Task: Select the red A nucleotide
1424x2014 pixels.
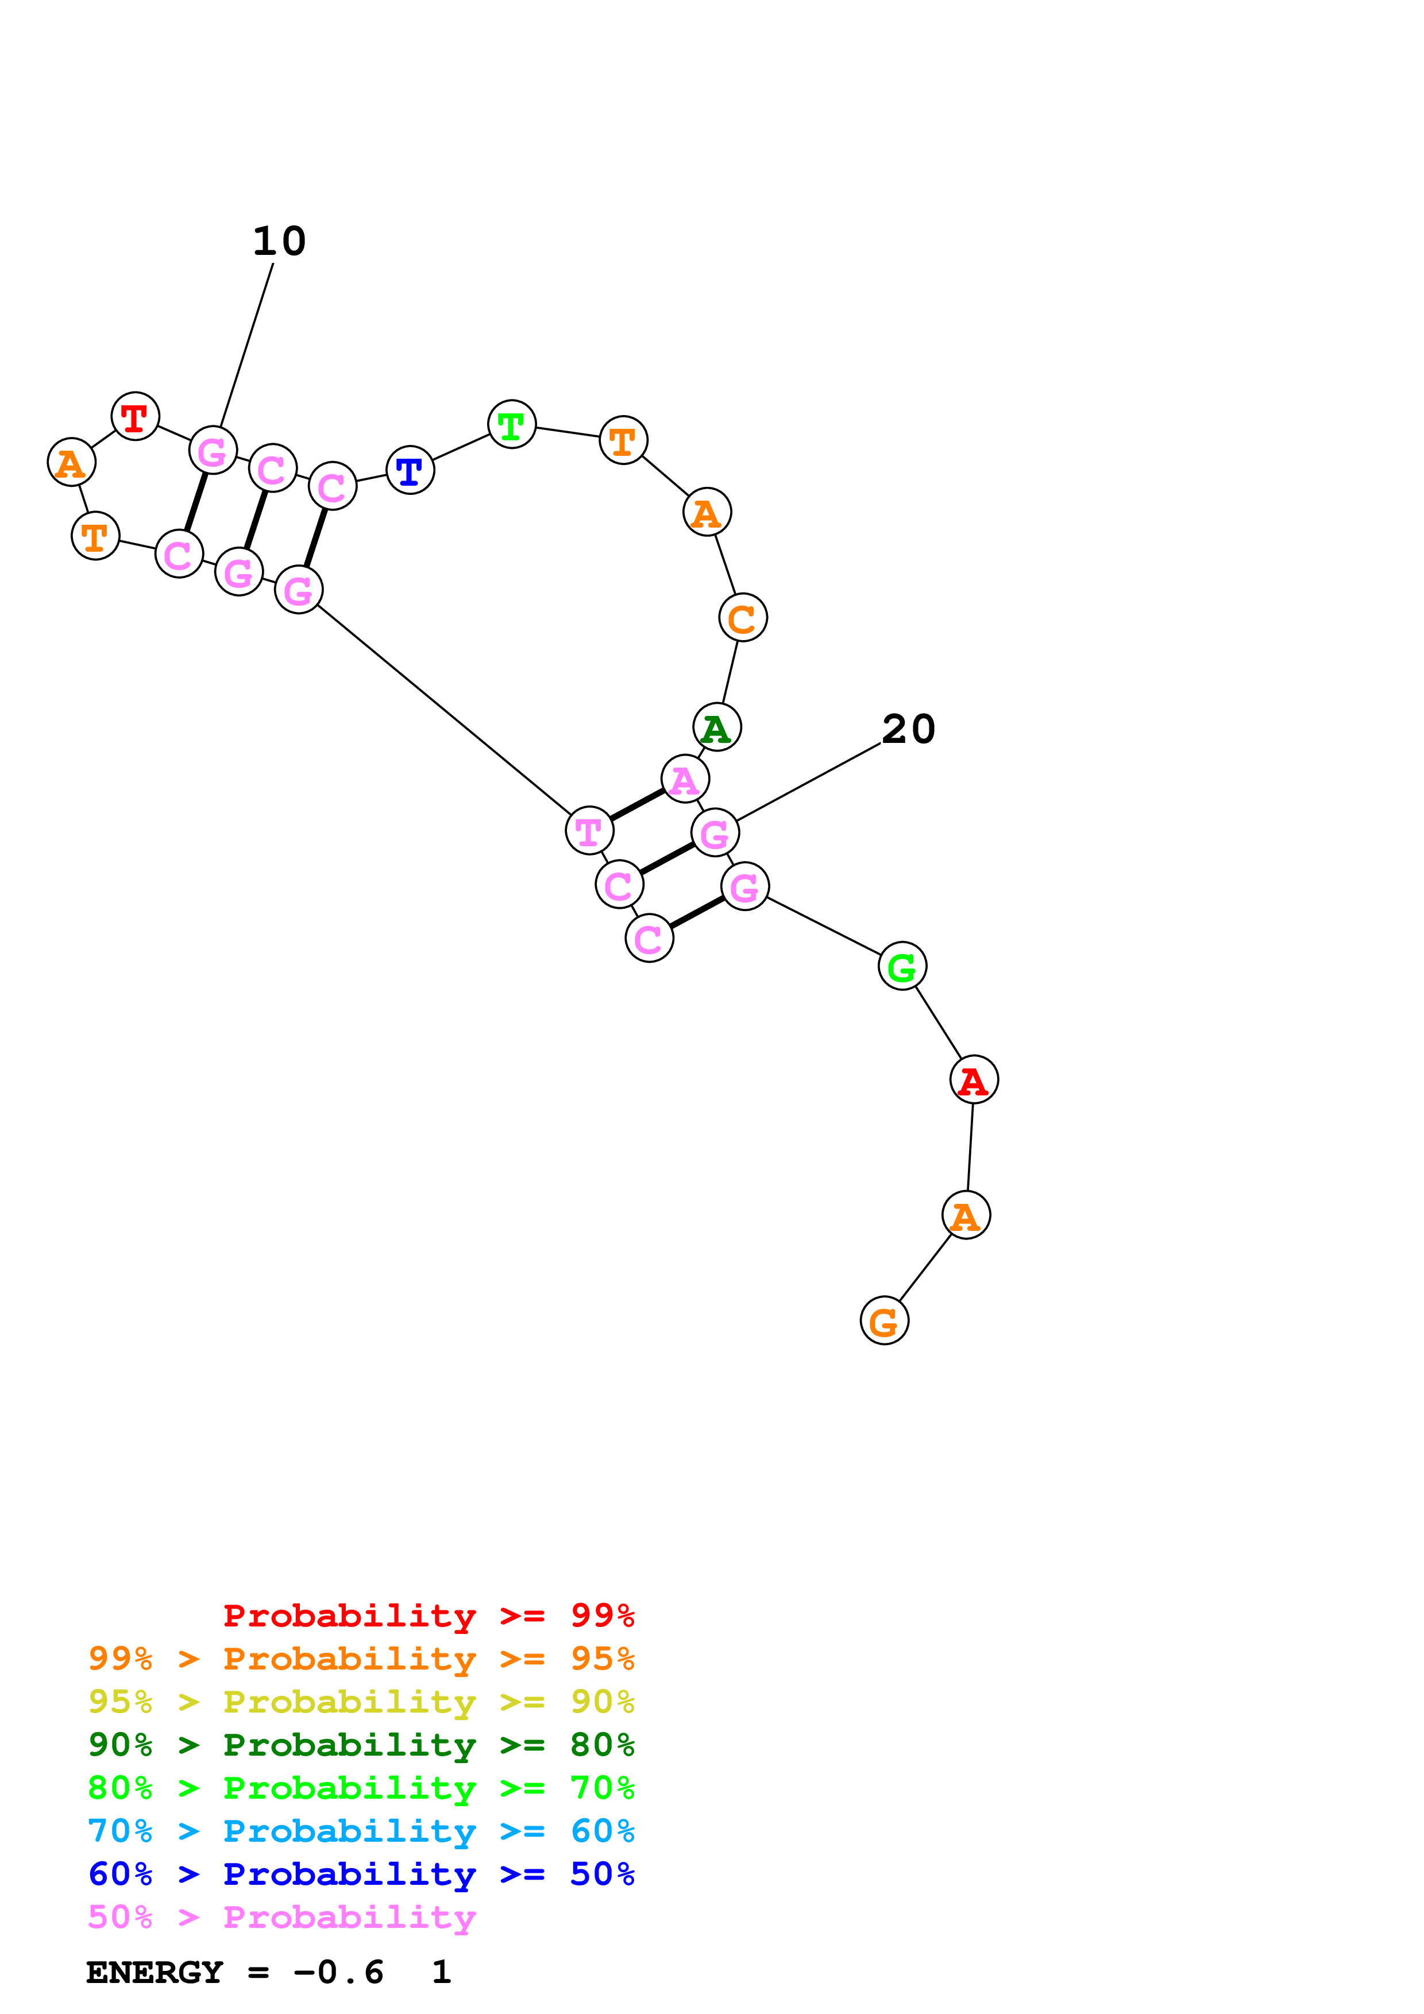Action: (974, 1080)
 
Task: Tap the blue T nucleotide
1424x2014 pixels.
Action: (410, 470)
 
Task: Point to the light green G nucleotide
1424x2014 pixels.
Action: (902, 967)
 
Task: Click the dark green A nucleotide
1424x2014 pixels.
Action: (717, 727)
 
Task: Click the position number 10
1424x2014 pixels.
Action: (279, 241)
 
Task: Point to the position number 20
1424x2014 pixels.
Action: (909, 729)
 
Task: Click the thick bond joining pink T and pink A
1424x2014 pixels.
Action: (637, 804)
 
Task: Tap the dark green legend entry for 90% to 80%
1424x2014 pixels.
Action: (361, 1745)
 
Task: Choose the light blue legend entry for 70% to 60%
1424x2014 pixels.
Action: (361, 1831)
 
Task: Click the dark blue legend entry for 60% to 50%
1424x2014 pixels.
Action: (361, 1874)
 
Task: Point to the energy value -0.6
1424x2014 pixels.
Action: (339, 1972)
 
